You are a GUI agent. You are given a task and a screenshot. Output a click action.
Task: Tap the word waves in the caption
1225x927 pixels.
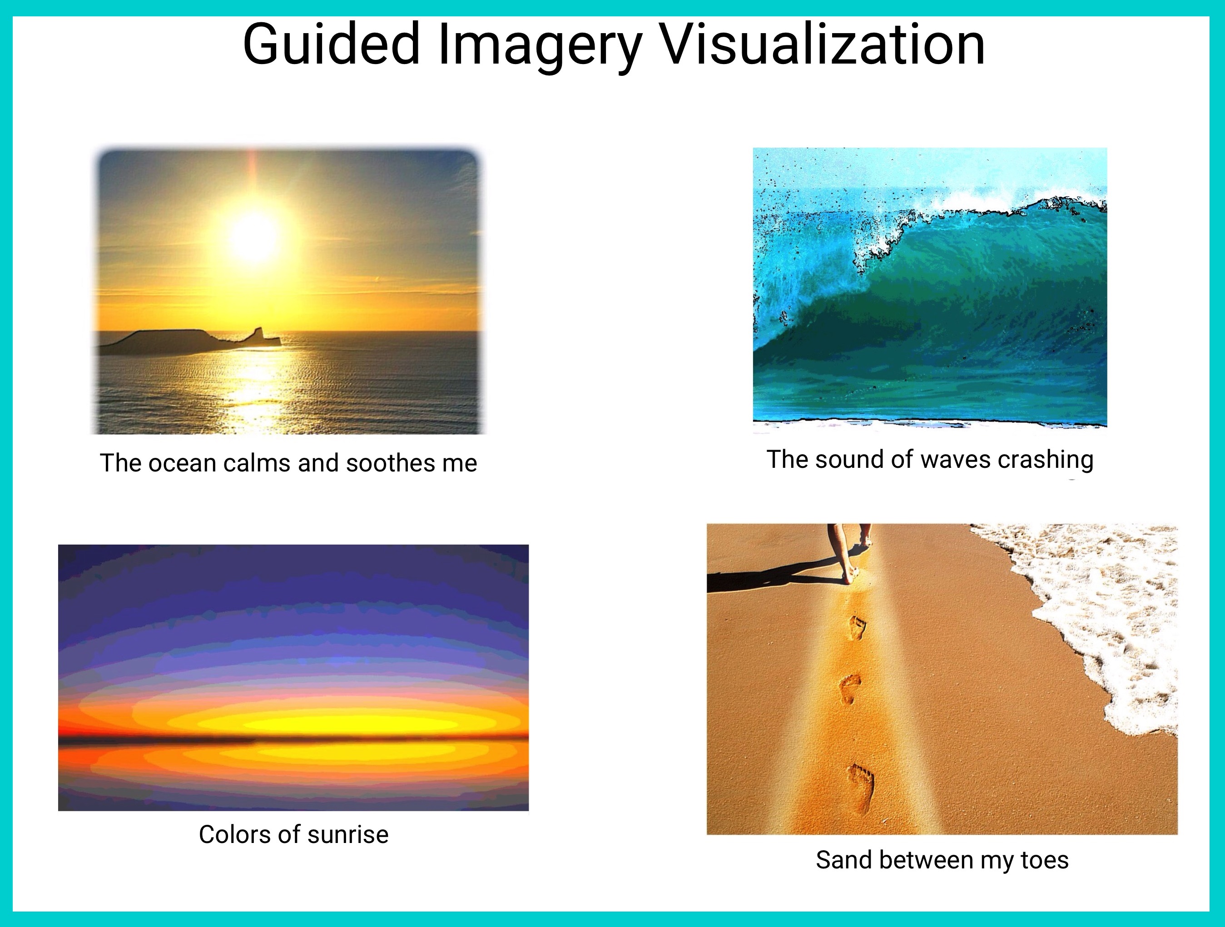(953, 460)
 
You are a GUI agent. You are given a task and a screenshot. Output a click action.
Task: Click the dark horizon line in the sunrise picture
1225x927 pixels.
(293, 738)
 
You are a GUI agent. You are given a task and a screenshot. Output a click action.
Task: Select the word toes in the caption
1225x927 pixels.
(1045, 860)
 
